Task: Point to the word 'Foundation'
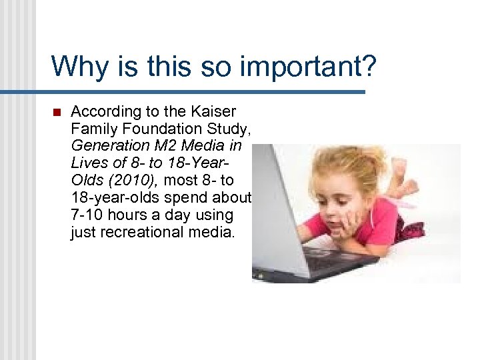point(156,128)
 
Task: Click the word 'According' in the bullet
point(102,111)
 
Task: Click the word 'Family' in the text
point(91,128)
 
